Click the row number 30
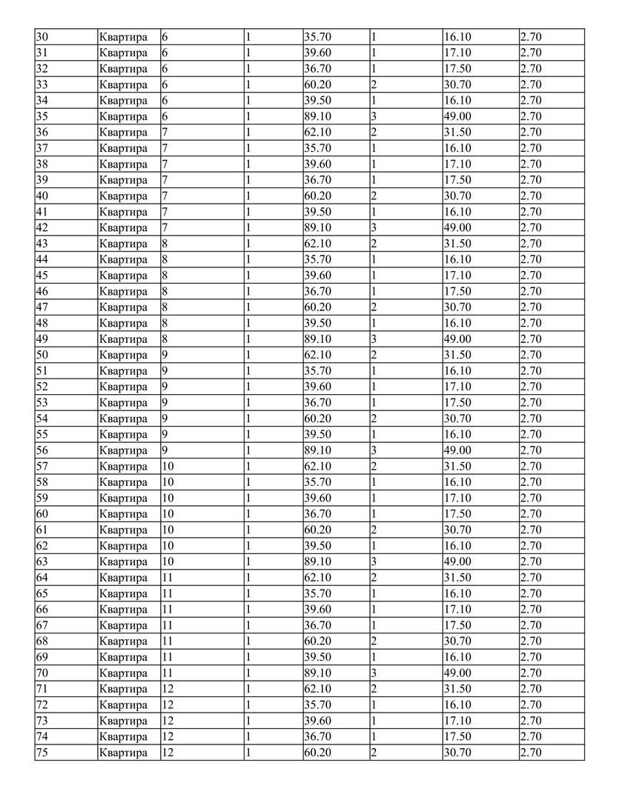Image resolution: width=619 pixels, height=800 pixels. click(42, 37)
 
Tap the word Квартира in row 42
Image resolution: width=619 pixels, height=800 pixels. click(123, 227)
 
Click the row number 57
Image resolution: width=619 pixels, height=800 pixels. click(42, 467)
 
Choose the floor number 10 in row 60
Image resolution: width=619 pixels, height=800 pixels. click(168, 514)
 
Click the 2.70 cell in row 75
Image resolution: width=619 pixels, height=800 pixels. click(531, 753)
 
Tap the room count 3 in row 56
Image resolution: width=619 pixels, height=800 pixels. click(374, 450)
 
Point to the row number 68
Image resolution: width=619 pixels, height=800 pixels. click(42, 641)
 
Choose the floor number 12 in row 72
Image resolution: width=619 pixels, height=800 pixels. click(168, 705)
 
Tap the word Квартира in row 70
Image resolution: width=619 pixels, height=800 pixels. click(123, 673)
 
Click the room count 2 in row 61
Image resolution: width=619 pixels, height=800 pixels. click(374, 530)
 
